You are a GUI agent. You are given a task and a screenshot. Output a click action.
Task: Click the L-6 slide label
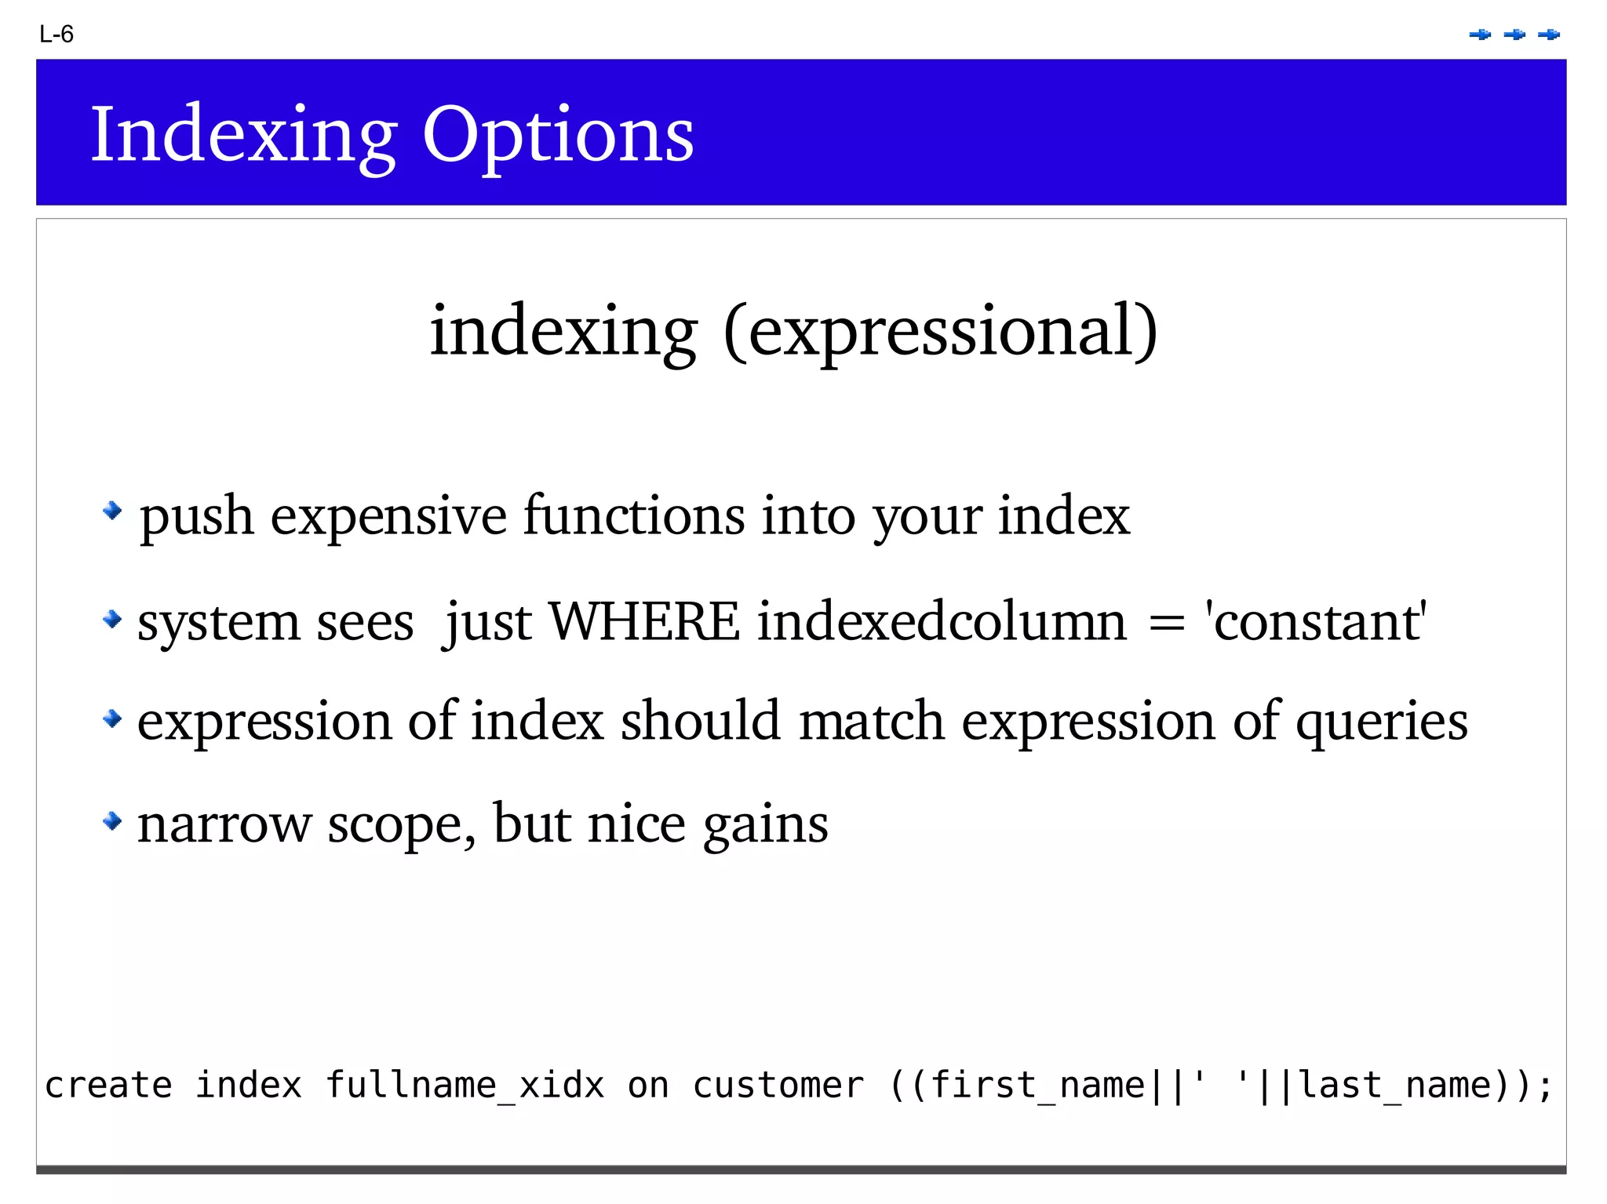point(56,35)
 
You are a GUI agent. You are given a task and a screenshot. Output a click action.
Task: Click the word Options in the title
point(558,136)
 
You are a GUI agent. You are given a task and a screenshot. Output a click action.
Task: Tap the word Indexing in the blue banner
point(243,136)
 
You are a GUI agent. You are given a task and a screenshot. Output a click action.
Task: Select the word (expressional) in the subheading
point(940,331)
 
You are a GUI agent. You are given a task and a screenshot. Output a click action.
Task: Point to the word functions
point(634,516)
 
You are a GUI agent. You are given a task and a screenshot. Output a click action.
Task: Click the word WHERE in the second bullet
point(643,621)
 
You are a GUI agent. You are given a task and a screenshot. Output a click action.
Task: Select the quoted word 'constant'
point(1316,621)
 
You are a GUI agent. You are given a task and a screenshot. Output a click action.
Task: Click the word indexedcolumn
point(942,621)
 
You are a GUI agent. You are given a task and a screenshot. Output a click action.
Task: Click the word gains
point(765,825)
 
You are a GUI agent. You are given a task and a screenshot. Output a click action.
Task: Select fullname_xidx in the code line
point(465,1086)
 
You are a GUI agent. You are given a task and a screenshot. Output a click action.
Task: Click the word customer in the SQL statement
point(778,1086)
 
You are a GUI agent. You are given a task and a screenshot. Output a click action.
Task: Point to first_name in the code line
point(1037,1086)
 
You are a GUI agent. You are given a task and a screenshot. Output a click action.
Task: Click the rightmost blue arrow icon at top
point(1549,35)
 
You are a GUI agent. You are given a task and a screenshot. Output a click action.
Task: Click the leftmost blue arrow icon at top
point(1480,35)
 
